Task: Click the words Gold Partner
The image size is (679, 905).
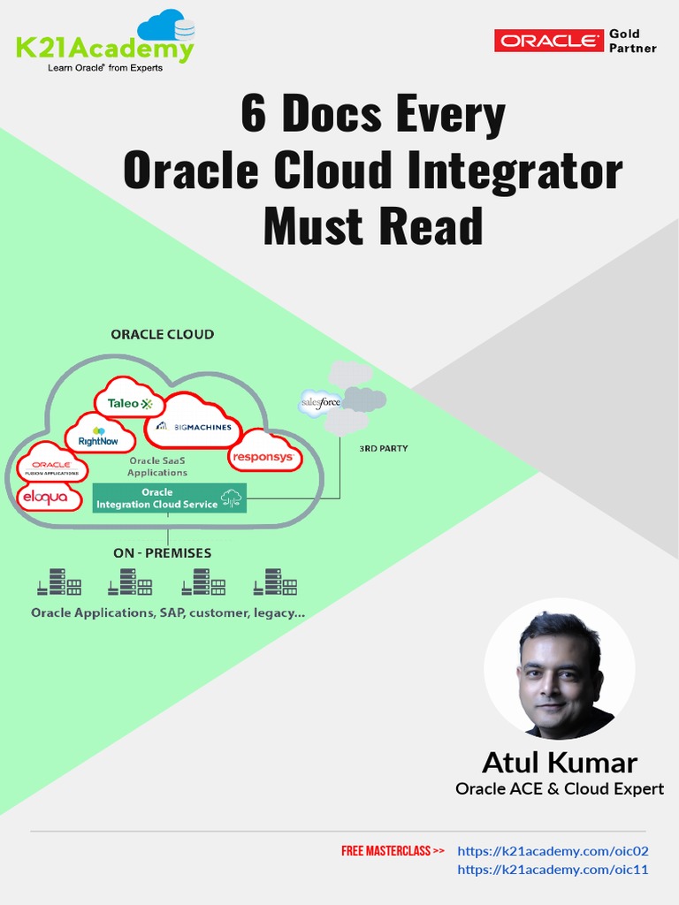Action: coord(632,41)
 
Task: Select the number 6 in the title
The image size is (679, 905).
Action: coord(253,116)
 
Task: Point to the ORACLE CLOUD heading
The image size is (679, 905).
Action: coord(162,334)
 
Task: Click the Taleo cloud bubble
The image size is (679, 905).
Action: coord(130,403)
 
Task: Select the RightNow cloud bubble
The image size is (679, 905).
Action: coord(99,437)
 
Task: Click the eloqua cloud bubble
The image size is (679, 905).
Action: coord(50,497)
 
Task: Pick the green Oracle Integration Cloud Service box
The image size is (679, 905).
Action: coord(169,498)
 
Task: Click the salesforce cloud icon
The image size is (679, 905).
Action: coord(320,402)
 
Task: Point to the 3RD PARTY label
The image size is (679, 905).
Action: coord(383,448)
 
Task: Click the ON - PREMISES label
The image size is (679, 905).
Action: coord(162,553)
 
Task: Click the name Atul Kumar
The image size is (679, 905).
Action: coord(559,762)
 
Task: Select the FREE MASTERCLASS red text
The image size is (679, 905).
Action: coord(393,851)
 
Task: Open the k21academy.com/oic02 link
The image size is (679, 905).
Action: coord(553,851)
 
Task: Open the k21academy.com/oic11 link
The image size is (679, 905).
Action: coord(553,870)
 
